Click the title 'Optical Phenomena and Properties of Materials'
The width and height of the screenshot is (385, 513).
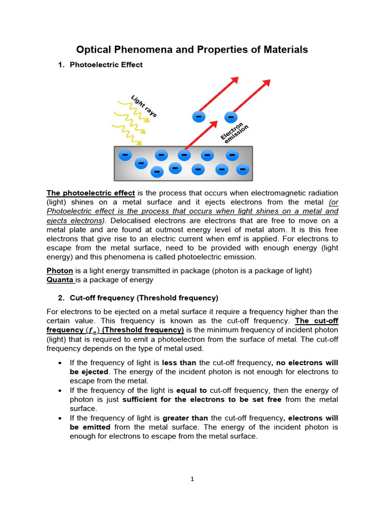point(192,50)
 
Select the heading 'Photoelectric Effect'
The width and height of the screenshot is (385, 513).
point(106,65)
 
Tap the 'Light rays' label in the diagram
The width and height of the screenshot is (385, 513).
point(144,106)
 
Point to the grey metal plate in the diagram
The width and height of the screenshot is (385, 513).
point(183,175)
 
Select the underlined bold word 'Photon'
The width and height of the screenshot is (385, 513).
point(60,271)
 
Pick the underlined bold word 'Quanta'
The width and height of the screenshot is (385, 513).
point(60,280)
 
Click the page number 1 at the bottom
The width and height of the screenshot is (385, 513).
point(192,479)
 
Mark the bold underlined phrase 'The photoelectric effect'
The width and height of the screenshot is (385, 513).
point(91,193)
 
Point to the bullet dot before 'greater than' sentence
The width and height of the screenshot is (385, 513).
point(60,418)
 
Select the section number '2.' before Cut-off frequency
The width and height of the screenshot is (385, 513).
point(61,298)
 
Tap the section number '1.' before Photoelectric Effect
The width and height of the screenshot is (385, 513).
point(61,65)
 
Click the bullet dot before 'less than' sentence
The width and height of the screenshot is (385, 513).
point(60,363)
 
